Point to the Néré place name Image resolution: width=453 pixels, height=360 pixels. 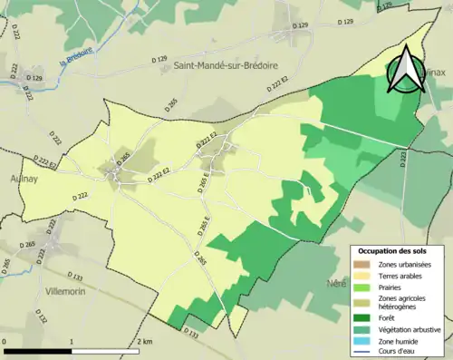[x=337, y=283]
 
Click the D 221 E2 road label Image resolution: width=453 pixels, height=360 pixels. [x=207, y=144]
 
